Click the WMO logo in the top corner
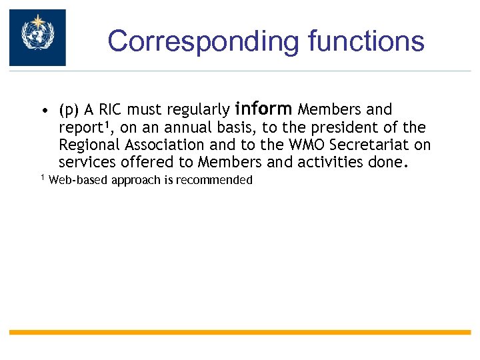point(37,37)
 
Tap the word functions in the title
point(366,41)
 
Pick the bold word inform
point(264,108)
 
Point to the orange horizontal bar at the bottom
point(240,332)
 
